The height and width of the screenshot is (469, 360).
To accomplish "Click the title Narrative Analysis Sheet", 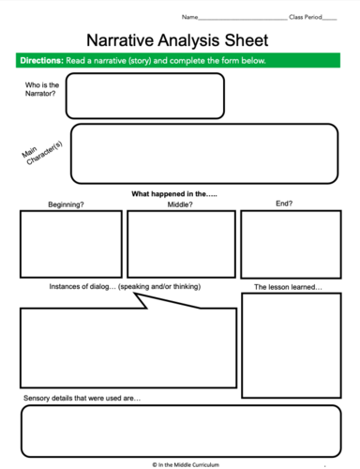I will (x=177, y=40).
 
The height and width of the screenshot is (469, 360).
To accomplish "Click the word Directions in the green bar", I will (x=41, y=61).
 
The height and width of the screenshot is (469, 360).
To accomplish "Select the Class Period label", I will (x=307, y=17).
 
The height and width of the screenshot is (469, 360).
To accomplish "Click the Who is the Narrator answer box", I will (x=144, y=96).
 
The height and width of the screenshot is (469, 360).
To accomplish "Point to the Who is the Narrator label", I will (x=40, y=90).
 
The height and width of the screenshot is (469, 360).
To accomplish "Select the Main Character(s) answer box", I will (x=203, y=154).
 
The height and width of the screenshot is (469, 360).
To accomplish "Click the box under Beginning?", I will (x=71, y=244).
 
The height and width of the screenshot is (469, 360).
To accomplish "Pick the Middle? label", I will (x=180, y=204).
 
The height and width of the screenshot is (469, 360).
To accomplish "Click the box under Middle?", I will (x=181, y=244).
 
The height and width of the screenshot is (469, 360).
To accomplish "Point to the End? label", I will (x=284, y=204).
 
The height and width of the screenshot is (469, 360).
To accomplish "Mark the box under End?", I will (x=290, y=244).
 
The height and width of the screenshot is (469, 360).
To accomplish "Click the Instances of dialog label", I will (x=125, y=286).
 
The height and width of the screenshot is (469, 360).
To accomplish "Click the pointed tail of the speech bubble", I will (x=138, y=298).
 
